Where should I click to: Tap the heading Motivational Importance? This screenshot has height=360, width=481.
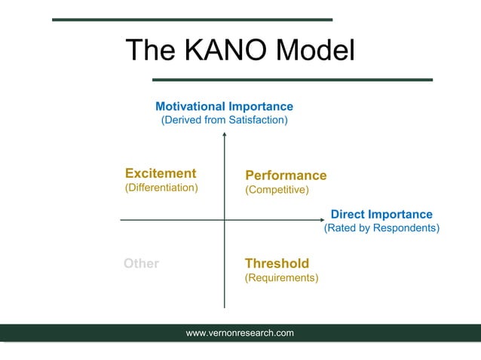pyautogui.click(x=224, y=106)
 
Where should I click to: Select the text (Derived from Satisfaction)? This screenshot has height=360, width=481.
pyautogui.click(x=224, y=120)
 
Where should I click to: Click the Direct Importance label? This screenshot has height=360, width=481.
pyautogui.click(x=381, y=215)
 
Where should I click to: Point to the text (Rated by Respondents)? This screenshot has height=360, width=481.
pyautogui.click(x=381, y=227)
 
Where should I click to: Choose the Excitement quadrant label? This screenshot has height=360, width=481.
pyautogui.click(x=161, y=173)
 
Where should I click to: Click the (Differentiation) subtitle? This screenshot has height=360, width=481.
pyautogui.click(x=161, y=188)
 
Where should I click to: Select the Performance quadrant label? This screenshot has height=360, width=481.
pyautogui.click(x=286, y=175)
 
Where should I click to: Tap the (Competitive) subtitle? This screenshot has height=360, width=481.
pyautogui.click(x=277, y=190)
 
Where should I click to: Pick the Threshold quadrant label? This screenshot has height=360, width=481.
pyautogui.click(x=277, y=264)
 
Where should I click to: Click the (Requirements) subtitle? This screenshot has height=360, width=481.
pyautogui.click(x=281, y=278)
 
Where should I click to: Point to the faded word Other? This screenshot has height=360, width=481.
pyautogui.click(x=141, y=264)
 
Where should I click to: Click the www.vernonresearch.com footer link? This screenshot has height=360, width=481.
pyautogui.click(x=240, y=333)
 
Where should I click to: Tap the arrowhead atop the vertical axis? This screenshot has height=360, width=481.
pyautogui.click(x=225, y=135)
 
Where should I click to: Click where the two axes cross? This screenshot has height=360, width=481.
pyautogui.click(x=225, y=220)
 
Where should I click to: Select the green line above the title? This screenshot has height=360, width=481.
pyautogui.click(x=191, y=20)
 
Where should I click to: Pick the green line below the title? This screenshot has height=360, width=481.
pyautogui.click(x=293, y=79)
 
